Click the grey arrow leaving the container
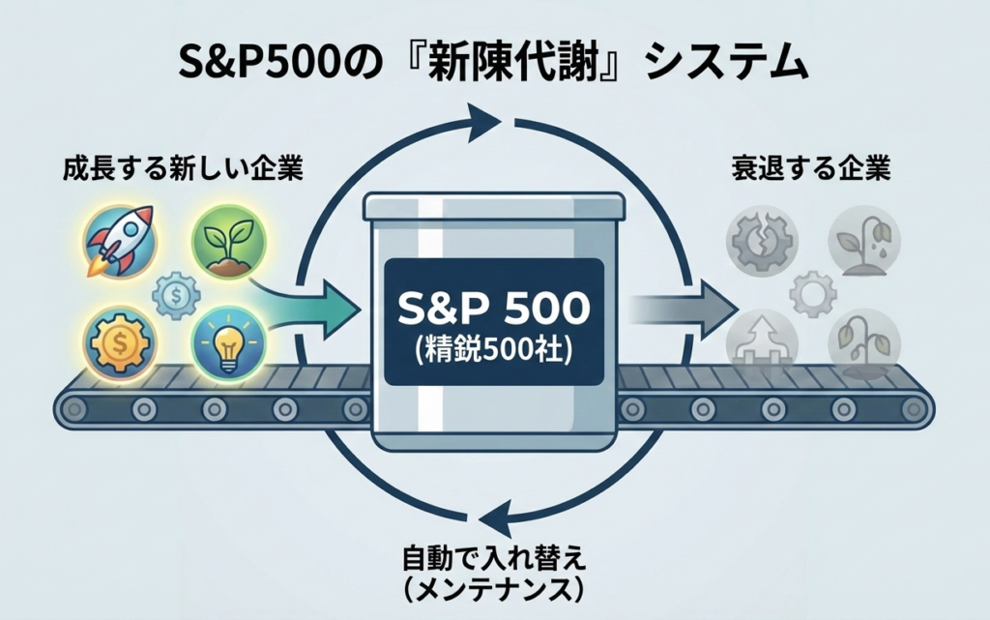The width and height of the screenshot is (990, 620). click(x=677, y=309)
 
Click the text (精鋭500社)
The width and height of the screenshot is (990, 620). click(x=494, y=349)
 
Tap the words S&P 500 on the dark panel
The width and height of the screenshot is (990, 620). click(x=494, y=307)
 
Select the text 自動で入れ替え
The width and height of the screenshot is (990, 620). click(x=494, y=558)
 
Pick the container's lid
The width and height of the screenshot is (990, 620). click(x=494, y=205)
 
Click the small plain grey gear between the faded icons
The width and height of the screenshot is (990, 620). click(x=811, y=289)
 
